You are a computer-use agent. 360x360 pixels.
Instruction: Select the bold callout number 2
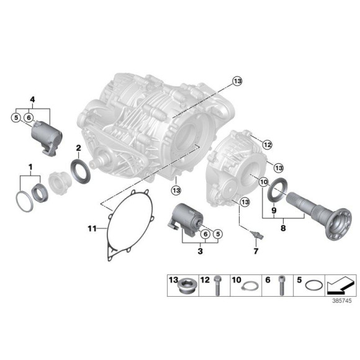(x=79, y=147)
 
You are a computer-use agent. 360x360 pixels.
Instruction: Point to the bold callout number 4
(x=33, y=99)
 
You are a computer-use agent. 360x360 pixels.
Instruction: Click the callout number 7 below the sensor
(x=254, y=251)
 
